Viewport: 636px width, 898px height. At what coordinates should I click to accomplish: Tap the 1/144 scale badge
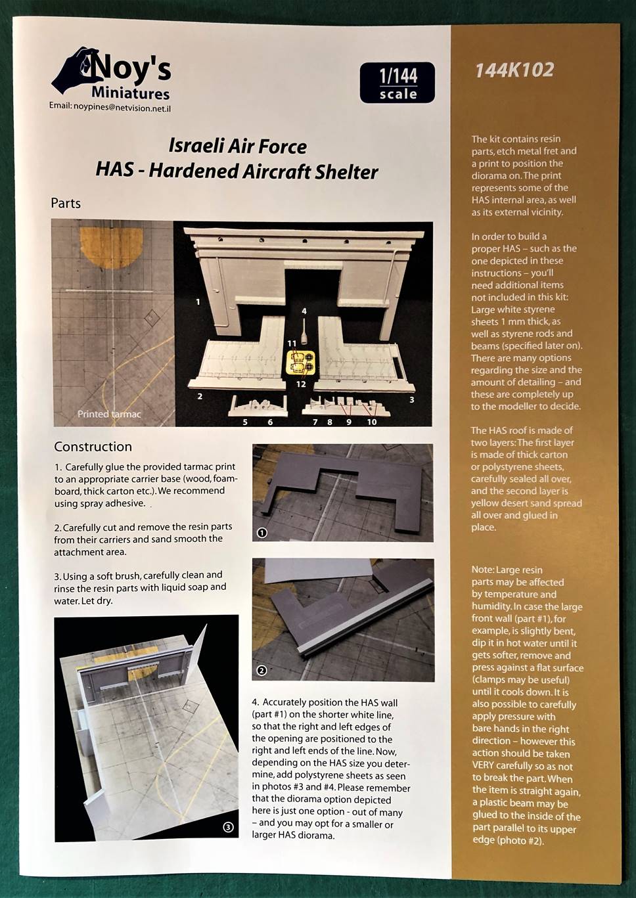click(398, 83)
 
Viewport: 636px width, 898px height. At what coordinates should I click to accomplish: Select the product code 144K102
click(514, 70)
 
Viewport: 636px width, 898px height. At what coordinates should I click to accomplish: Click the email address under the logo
click(114, 106)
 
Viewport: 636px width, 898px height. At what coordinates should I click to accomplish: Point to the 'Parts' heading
click(66, 203)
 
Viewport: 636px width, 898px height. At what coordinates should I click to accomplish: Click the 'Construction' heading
click(93, 447)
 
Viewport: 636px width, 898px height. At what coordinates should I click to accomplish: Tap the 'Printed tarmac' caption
click(109, 414)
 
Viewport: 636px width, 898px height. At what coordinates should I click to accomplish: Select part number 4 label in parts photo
click(304, 311)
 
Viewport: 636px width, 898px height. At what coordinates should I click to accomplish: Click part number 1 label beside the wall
click(198, 302)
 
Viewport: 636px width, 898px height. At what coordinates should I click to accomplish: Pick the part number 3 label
click(412, 399)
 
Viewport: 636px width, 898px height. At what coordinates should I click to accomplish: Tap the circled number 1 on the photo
click(262, 533)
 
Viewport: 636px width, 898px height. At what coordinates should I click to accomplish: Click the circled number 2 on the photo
click(261, 671)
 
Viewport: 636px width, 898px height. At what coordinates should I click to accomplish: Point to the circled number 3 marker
click(228, 828)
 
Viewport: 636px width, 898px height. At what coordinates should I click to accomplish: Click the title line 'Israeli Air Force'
click(237, 146)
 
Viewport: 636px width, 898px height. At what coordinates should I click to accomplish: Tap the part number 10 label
click(372, 422)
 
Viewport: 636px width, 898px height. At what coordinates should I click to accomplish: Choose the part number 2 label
click(200, 396)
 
